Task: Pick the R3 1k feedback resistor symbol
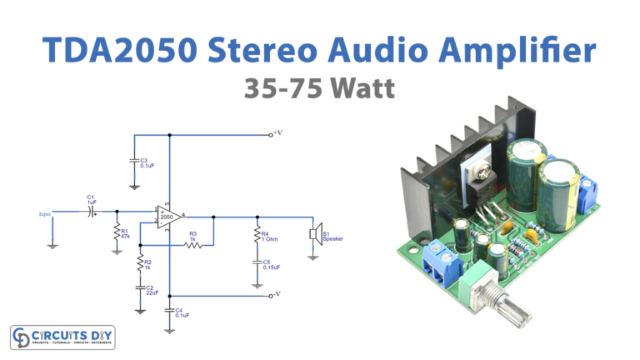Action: pos(192,245)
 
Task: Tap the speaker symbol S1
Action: pos(314,233)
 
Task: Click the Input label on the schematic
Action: pos(46,214)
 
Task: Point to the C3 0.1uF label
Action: pos(147,162)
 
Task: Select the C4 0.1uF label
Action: pos(182,314)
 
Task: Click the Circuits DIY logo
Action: pos(62,337)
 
